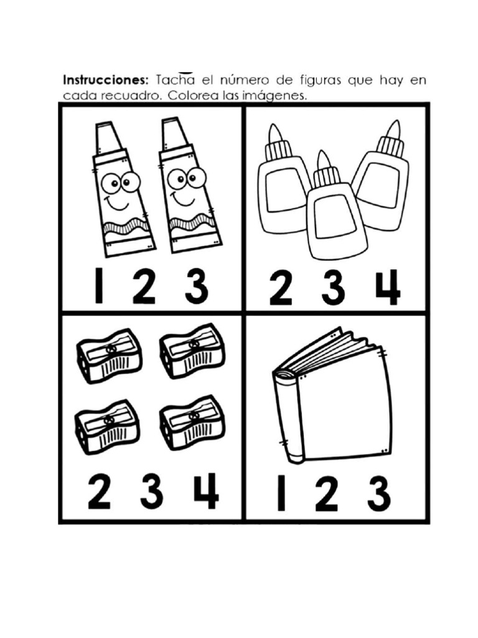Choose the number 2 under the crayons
tap(144, 287)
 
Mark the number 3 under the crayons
tap(196, 287)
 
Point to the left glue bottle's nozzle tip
tap(274, 131)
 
